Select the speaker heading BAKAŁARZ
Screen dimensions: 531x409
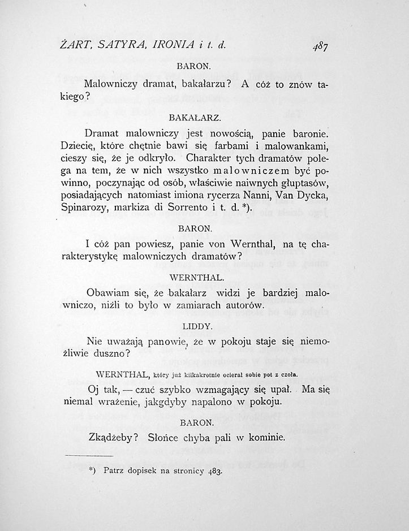click(x=194, y=118)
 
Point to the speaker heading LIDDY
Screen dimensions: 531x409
click(x=197, y=326)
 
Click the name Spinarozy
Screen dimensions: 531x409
click(x=84, y=208)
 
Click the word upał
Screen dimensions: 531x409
click(x=279, y=390)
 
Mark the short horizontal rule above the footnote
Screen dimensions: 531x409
click(x=89, y=455)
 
